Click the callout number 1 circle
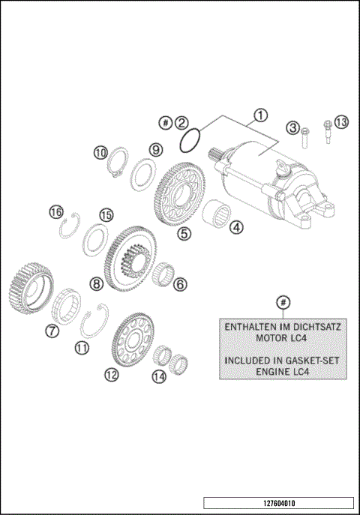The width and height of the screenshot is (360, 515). click(259, 115)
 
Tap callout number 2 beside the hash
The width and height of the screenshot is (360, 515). click(182, 121)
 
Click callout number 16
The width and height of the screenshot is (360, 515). click(55, 211)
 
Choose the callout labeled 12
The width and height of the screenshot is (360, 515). click(112, 376)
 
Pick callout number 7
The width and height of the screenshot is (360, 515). click(52, 330)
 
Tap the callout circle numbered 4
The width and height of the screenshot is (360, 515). click(236, 227)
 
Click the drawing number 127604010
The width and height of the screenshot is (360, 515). click(278, 503)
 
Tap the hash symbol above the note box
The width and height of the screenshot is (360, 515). click(282, 301)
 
